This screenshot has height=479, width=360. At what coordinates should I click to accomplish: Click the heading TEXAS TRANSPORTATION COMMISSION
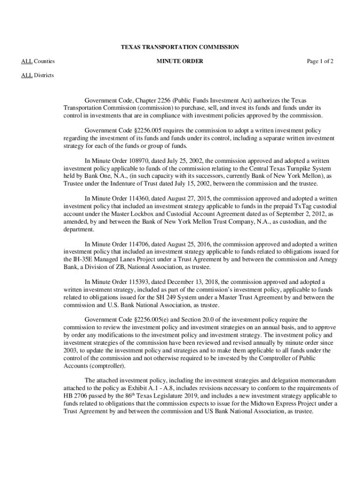[x=180, y=47]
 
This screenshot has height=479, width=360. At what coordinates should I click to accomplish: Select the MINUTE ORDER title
[x=180, y=61]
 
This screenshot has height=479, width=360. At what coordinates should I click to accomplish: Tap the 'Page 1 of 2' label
[x=320, y=61]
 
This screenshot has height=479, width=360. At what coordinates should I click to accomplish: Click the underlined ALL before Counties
[x=27, y=61]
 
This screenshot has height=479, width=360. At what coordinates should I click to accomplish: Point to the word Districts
[x=43, y=75]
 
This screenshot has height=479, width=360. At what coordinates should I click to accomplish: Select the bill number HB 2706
[x=75, y=396]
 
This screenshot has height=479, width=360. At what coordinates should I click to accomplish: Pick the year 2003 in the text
[x=70, y=350]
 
